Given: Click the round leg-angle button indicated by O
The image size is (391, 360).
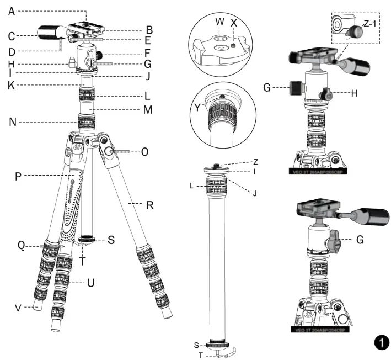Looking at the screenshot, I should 109,151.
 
